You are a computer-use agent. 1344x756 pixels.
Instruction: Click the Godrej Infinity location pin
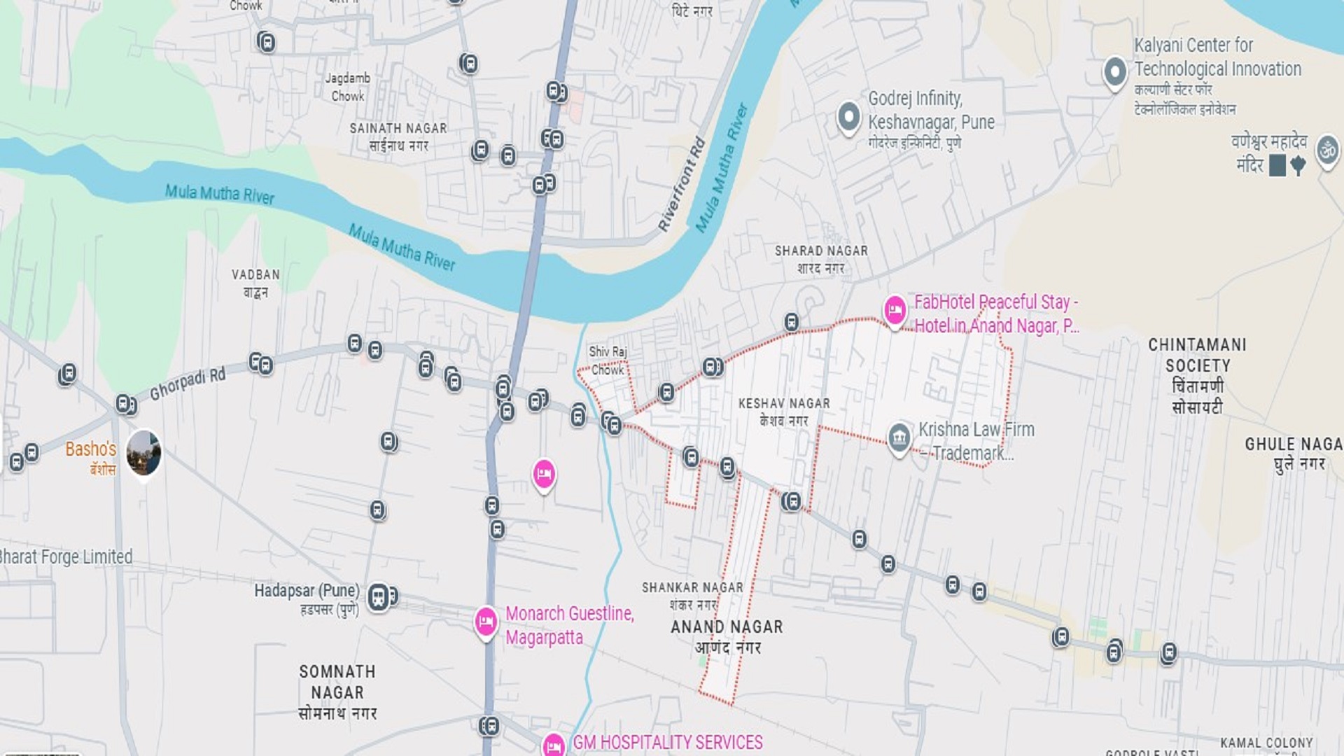pos(848,117)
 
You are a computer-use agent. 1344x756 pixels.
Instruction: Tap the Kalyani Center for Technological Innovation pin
pos(1114,71)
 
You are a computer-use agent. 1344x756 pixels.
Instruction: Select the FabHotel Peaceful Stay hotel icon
pos(895,309)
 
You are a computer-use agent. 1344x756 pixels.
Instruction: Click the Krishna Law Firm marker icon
pos(899,438)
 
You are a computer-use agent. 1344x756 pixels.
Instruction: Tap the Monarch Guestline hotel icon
pos(486,621)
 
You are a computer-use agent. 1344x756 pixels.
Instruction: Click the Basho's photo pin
pos(143,453)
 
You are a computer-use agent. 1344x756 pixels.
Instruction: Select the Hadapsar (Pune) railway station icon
pos(379,597)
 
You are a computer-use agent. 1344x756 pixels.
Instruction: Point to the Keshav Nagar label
pos(784,412)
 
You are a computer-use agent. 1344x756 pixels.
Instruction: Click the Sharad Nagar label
pos(820,258)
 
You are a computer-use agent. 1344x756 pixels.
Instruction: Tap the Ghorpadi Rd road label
pos(188,384)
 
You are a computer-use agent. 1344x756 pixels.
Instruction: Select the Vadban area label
pos(255,283)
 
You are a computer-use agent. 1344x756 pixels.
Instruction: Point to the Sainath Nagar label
pos(398,136)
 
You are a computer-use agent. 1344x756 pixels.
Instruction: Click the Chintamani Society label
pos(1197,375)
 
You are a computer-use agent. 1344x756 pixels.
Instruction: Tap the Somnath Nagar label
pos(337,692)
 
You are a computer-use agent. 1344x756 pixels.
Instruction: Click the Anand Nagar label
pos(727,636)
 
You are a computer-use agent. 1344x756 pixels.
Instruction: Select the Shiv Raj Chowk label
pos(607,360)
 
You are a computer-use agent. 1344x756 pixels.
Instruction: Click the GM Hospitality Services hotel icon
pos(553,745)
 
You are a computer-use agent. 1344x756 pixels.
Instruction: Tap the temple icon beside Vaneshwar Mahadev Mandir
pos(1327,150)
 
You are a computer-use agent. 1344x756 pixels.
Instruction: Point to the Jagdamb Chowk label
pos(348,87)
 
